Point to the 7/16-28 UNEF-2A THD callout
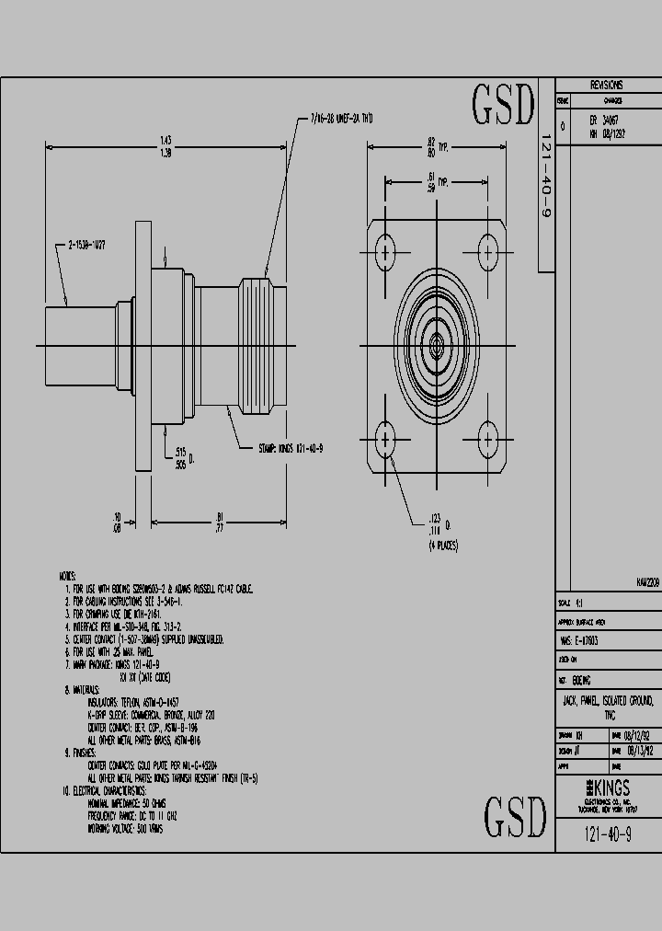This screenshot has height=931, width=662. pos(341,119)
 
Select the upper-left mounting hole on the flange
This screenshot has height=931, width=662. pos(385,251)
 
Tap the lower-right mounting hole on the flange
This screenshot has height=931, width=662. pos(487,439)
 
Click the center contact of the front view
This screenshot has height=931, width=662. pos(436,345)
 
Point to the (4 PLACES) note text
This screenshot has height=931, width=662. pos(443,546)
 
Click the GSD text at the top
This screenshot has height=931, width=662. pos(502,106)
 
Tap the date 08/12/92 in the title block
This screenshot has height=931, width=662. pos(637,736)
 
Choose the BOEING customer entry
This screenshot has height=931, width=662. pos(582,680)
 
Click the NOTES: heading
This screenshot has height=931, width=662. pos(68,576)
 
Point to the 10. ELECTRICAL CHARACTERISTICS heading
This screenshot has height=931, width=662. pos(110,790)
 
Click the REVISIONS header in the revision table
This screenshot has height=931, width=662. pos(606,84)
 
